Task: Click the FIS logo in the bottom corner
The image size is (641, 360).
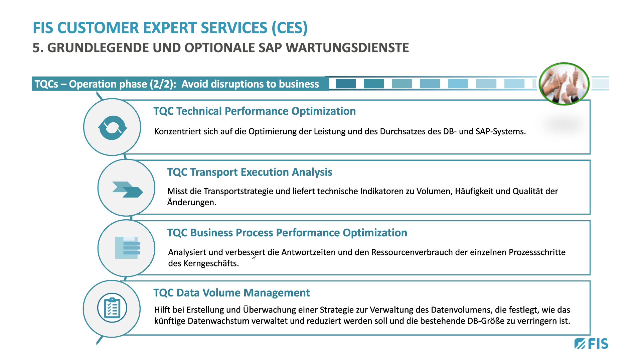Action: click(591, 344)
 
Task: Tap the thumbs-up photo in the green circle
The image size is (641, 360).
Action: click(564, 84)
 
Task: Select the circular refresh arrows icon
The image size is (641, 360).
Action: click(112, 128)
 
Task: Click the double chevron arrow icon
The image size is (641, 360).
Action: click(127, 190)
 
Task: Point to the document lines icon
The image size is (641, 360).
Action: click(128, 248)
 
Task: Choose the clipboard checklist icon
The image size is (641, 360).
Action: click(112, 308)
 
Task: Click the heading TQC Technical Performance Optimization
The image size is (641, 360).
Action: click(255, 111)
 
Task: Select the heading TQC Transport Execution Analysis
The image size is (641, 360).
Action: click(250, 172)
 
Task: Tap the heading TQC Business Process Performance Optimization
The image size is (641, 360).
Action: click(287, 233)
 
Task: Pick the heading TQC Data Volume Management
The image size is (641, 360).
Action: click(231, 293)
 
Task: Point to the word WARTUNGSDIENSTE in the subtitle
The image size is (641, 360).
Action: click(347, 48)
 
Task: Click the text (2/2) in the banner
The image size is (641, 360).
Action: click(163, 84)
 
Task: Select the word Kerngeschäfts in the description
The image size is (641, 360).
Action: click(211, 263)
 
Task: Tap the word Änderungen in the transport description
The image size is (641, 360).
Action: click(192, 202)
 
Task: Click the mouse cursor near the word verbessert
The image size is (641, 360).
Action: click(254, 256)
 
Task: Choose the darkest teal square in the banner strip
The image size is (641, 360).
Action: click(346, 84)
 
